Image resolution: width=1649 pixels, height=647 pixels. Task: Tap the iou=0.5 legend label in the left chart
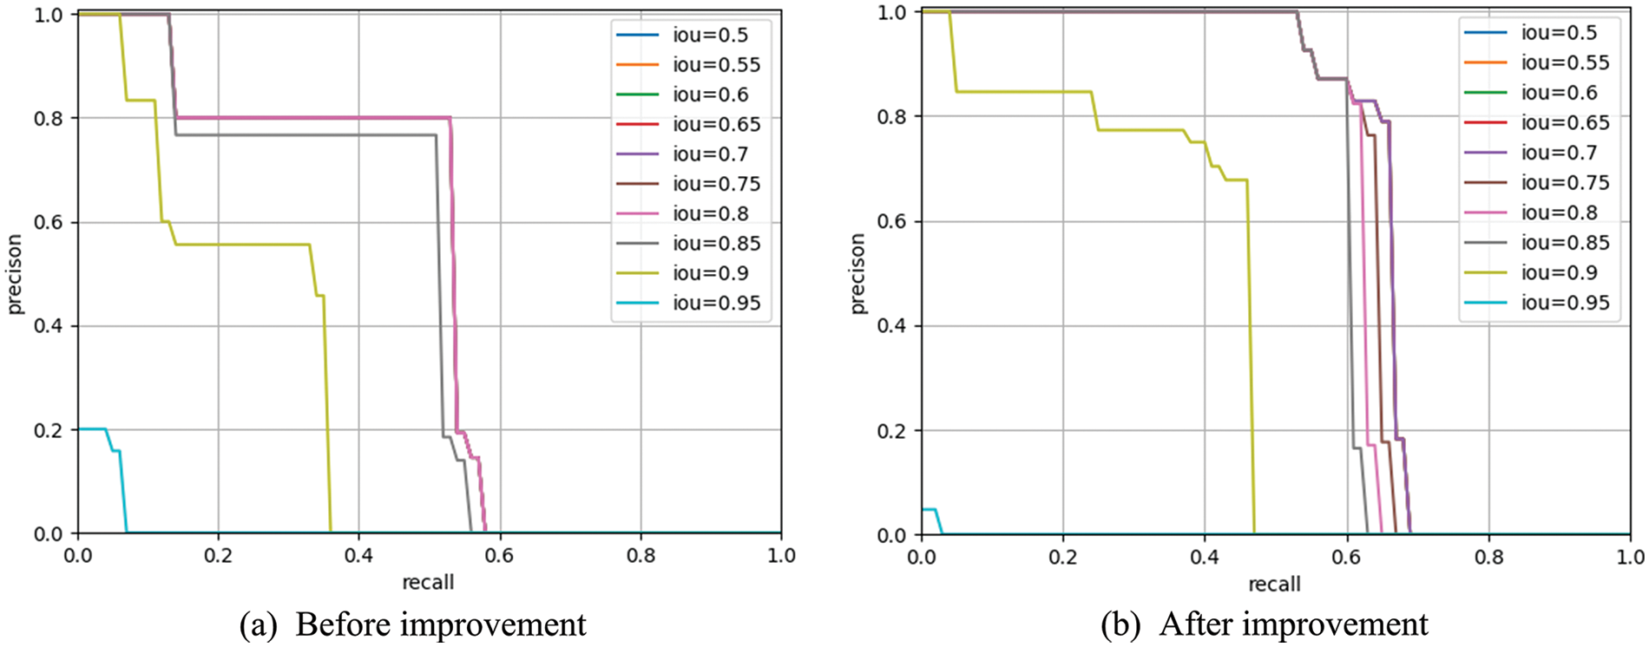click(709, 36)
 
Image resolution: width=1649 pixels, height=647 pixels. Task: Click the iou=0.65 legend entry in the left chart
click(715, 125)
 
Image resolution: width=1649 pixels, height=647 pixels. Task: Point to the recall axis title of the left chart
click(428, 582)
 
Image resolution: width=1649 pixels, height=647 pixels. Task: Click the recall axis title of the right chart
click(1274, 585)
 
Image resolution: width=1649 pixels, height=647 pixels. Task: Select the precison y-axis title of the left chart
click(15, 274)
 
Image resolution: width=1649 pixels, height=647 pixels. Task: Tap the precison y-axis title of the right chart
click(857, 273)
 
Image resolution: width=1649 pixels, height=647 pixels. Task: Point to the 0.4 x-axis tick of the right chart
click(1204, 556)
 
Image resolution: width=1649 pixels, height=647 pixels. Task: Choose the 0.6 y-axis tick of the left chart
click(48, 223)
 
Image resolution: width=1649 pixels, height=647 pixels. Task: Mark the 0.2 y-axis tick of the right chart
click(891, 431)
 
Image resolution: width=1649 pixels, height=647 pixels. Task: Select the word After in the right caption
click(1189, 624)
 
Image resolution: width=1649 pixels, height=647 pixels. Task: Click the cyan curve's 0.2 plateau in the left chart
click(91, 428)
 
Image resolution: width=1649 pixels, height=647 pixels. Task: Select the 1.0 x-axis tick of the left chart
click(780, 555)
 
